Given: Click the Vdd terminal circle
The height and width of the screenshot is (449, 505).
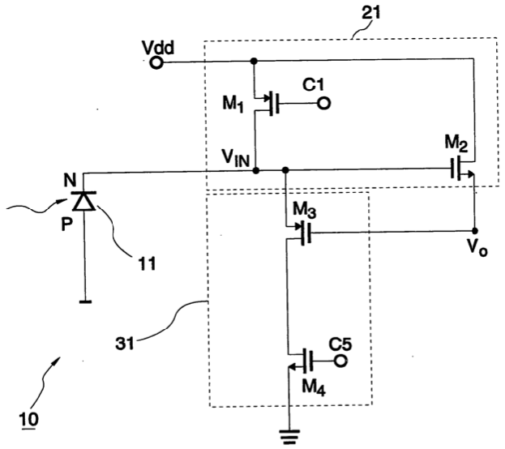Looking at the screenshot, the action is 156,62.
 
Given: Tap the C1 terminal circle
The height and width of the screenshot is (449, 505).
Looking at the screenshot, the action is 323,104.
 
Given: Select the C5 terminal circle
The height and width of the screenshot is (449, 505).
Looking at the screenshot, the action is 340,361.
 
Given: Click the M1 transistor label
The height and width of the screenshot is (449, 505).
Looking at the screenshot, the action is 233,104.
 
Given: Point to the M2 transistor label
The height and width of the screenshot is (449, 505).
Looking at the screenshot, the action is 456,143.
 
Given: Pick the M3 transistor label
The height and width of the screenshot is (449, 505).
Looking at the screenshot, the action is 304,211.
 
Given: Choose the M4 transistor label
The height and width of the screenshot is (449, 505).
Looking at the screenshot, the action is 314,387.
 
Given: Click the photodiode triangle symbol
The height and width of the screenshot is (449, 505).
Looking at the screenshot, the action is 83,201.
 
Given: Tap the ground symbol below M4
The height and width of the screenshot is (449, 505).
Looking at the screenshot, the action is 290,436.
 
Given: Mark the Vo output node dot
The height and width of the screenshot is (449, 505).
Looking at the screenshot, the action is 474,231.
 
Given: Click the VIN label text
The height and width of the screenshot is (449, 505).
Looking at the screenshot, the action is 236,158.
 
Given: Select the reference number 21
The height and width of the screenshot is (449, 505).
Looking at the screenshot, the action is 371,13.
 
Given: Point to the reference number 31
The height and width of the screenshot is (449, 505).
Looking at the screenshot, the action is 125,344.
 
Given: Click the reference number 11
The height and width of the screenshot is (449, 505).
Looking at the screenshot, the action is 147,263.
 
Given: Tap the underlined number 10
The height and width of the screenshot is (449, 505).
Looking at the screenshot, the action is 29,420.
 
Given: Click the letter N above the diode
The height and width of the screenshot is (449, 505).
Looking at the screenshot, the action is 70,181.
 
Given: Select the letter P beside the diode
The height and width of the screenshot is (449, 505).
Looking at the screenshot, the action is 66,224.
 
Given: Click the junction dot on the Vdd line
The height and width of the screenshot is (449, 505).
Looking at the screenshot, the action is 254,61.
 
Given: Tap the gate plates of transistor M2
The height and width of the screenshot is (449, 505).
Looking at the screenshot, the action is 455,168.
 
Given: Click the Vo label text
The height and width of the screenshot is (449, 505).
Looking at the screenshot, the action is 477,248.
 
